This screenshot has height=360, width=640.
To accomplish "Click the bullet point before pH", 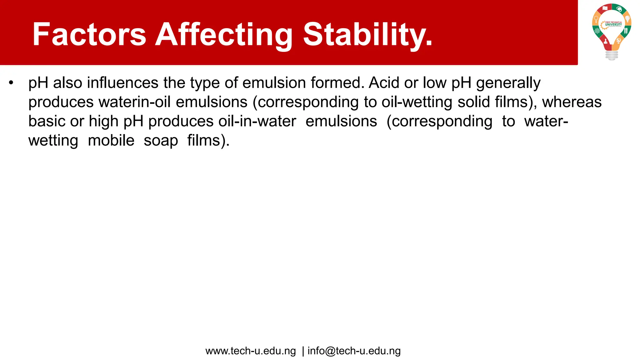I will (x=11, y=83).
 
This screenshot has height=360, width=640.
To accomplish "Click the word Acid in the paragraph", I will (x=384, y=83).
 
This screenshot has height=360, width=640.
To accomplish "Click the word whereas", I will (x=572, y=102).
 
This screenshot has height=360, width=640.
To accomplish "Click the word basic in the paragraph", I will (x=47, y=121).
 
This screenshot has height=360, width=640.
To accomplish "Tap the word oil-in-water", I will (x=257, y=121).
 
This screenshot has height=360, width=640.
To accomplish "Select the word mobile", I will (x=111, y=141).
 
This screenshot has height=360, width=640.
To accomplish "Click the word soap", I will (x=161, y=141).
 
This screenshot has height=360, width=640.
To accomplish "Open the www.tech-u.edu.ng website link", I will (x=250, y=351).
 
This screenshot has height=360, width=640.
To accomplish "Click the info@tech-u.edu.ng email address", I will (x=354, y=351).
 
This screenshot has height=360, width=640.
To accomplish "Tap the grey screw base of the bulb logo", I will (x=612, y=56).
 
